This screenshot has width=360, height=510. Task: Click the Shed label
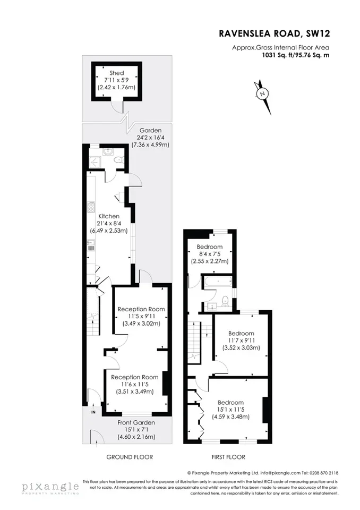(x=116, y=73)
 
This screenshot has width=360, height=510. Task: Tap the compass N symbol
(x=262, y=94)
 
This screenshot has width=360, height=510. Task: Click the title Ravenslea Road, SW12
(x=275, y=33)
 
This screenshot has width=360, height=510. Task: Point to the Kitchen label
(x=109, y=216)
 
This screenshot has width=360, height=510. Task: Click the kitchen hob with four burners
(x=91, y=208)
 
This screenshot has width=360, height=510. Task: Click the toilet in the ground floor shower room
(x=118, y=160)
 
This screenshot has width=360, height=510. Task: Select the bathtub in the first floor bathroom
(x=217, y=282)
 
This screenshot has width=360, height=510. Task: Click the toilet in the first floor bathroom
(x=225, y=301)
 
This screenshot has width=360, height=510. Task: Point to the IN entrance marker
(x=93, y=412)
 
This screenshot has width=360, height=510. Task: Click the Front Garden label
(x=136, y=422)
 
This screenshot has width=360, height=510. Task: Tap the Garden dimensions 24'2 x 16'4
(x=151, y=138)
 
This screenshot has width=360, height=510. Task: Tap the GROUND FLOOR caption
(x=130, y=457)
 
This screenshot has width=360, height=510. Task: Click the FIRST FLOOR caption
(x=228, y=457)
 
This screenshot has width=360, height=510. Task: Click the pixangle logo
(x=50, y=488)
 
